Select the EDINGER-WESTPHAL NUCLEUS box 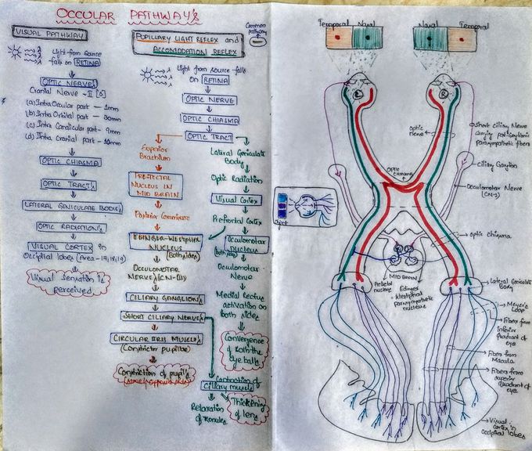[164, 239]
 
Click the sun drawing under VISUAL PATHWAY [16, 52]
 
